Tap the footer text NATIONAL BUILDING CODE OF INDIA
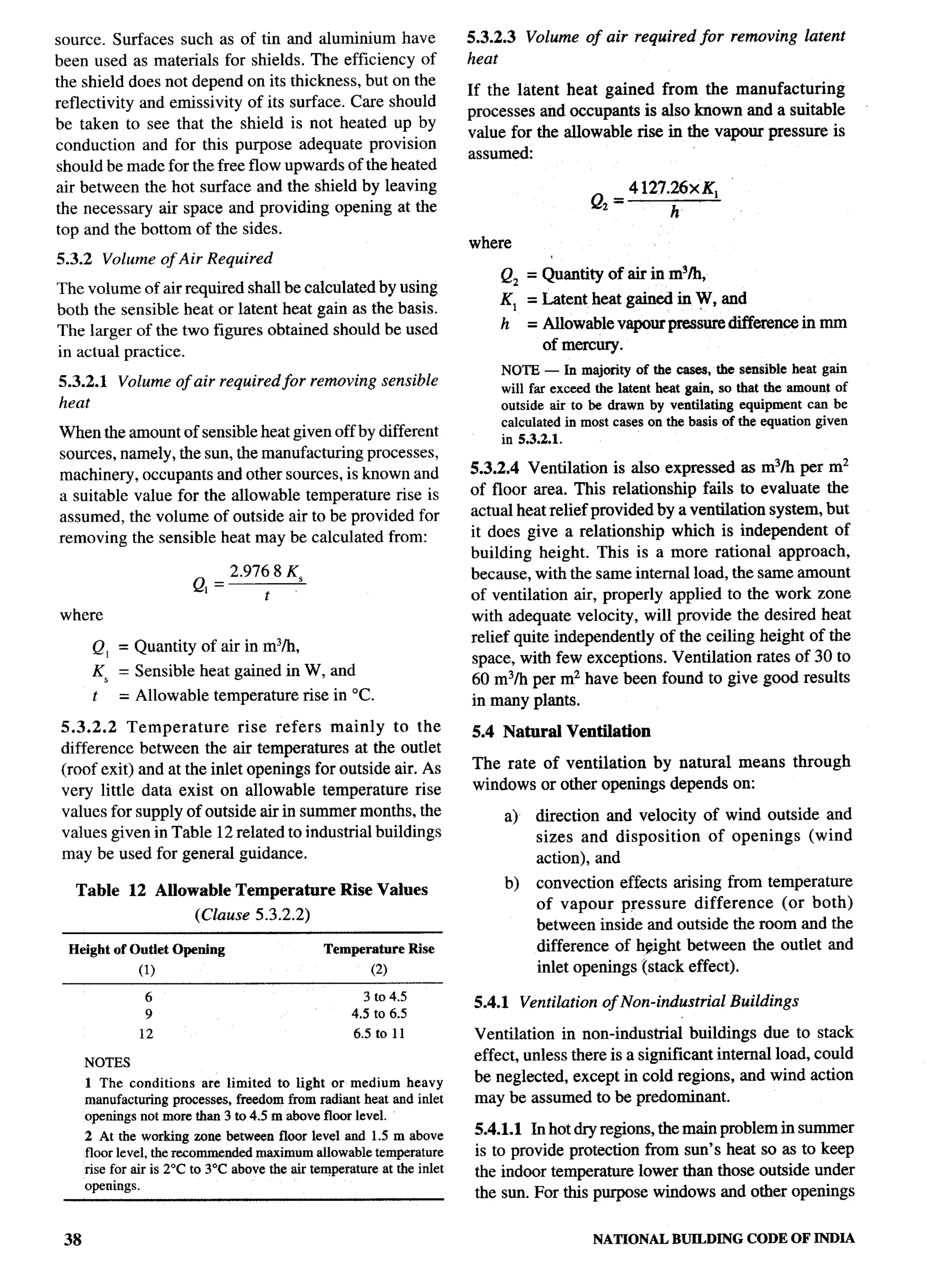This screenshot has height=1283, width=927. point(723,1239)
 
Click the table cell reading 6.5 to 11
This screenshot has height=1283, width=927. point(378,1034)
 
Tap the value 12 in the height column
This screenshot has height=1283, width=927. point(146,1034)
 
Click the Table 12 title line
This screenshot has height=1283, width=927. point(252,890)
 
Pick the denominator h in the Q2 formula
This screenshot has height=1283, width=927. point(674,213)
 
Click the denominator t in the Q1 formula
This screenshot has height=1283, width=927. point(267,596)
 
